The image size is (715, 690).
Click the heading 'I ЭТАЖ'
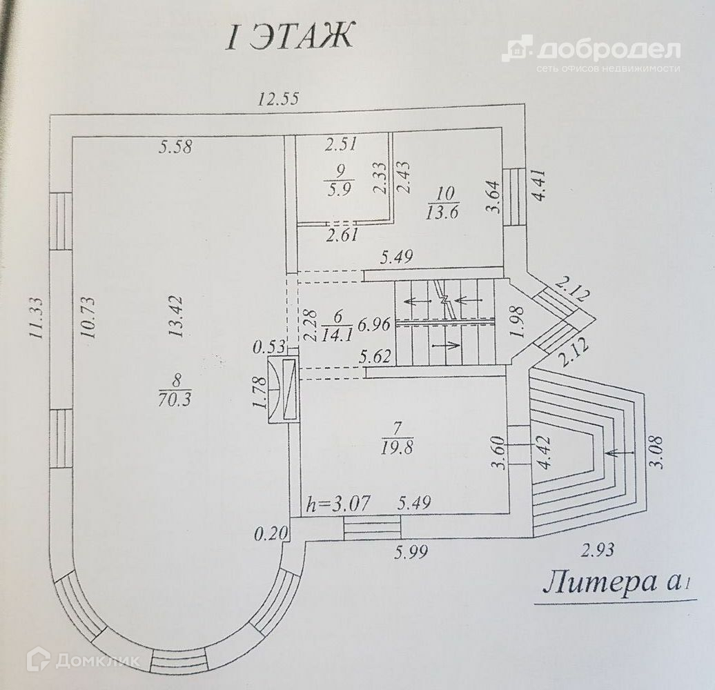[x=290, y=37]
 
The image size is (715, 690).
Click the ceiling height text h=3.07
[x=338, y=504]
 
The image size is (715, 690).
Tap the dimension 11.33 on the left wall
[x=35, y=318]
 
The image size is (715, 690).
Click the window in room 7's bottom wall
[x=372, y=529]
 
